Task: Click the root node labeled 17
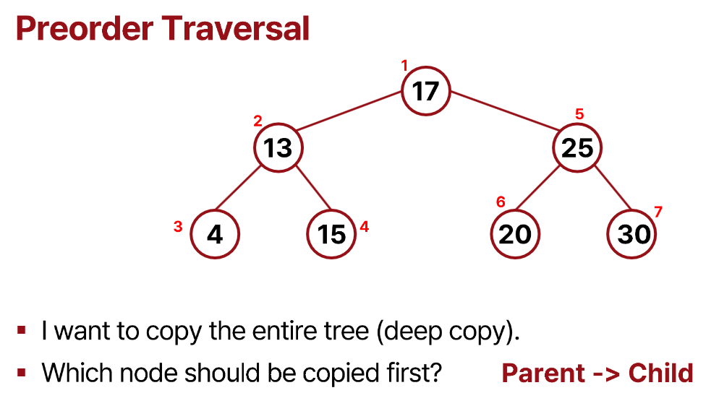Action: point(426,91)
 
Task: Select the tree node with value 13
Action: point(278,148)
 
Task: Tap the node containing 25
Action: point(577,148)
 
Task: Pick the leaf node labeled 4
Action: point(215,234)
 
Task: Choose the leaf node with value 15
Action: point(331,234)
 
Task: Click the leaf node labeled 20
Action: point(515,234)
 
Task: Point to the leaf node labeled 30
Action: point(634,234)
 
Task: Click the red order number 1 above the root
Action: point(404,66)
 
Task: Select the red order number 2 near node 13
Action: point(258,121)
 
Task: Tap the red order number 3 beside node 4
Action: point(178,227)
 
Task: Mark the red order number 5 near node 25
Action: point(579,114)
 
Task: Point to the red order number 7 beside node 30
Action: point(658,212)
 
